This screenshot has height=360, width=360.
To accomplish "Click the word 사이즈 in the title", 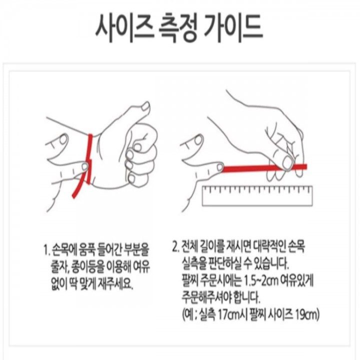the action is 124,28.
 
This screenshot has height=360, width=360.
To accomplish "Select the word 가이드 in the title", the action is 233,28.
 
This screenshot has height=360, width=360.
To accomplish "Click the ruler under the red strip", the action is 257,196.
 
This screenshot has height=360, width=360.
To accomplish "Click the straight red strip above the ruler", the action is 264,168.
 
